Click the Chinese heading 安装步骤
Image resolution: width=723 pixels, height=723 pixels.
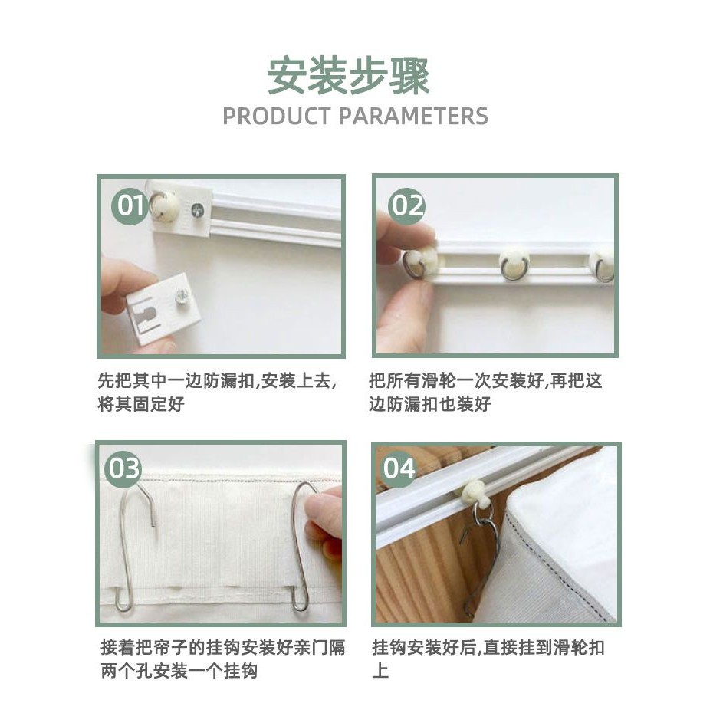pos(349,76)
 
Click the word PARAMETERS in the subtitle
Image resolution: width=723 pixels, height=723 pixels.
pos(413,117)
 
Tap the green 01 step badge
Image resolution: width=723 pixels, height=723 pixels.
pos(130,205)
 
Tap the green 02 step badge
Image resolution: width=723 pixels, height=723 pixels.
pos(406,205)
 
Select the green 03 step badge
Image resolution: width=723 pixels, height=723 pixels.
pos(123,468)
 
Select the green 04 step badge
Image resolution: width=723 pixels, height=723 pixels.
pos(399,468)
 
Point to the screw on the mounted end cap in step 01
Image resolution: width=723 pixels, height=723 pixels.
pos(197,211)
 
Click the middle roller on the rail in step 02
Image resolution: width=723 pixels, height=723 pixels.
pos(514,264)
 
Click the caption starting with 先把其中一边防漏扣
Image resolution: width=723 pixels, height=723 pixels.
pos(218,393)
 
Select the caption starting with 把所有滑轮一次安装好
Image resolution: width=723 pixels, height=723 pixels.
pos(485,393)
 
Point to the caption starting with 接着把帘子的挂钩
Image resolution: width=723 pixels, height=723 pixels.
pos(223,659)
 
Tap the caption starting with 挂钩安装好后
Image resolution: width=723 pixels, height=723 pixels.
pos(488,659)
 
